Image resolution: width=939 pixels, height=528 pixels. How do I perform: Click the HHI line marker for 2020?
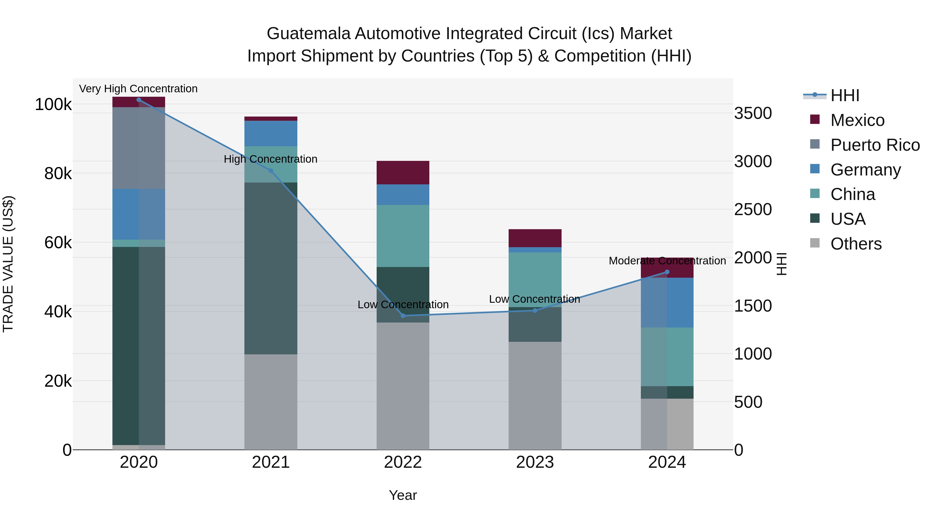[x=139, y=100]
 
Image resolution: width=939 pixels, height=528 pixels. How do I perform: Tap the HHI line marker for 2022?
[x=403, y=315]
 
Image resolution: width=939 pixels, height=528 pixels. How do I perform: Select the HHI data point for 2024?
[x=667, y=272]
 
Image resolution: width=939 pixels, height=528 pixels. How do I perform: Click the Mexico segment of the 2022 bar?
[x=403, y=173]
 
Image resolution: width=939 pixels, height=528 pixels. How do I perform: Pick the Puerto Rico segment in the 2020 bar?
[x=139, y=148]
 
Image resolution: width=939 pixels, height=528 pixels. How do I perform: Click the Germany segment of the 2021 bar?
[x=271, y=133]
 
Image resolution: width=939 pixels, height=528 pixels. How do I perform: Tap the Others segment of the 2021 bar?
[x=271, y=402]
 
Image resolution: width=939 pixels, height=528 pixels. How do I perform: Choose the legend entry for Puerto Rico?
[x=875, y=145]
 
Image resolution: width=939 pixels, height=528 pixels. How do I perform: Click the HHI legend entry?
[x=845, y=95]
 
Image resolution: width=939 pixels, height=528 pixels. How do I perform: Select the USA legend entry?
[x=848, y=219]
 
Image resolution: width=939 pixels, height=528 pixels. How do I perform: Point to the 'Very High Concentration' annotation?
[x=138, y=89]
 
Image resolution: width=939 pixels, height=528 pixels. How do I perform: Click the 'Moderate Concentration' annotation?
[x=667, y=261]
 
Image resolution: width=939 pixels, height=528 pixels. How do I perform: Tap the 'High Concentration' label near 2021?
[x=270, y=159]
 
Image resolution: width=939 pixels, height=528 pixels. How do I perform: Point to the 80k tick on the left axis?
[x=58, y=174]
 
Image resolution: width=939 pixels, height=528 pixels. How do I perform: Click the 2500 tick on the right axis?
[x=753, y=210]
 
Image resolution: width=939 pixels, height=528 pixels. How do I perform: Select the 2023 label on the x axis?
[x=535, y=462]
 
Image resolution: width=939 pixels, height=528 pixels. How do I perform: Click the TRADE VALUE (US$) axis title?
[x=8, y=264]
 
